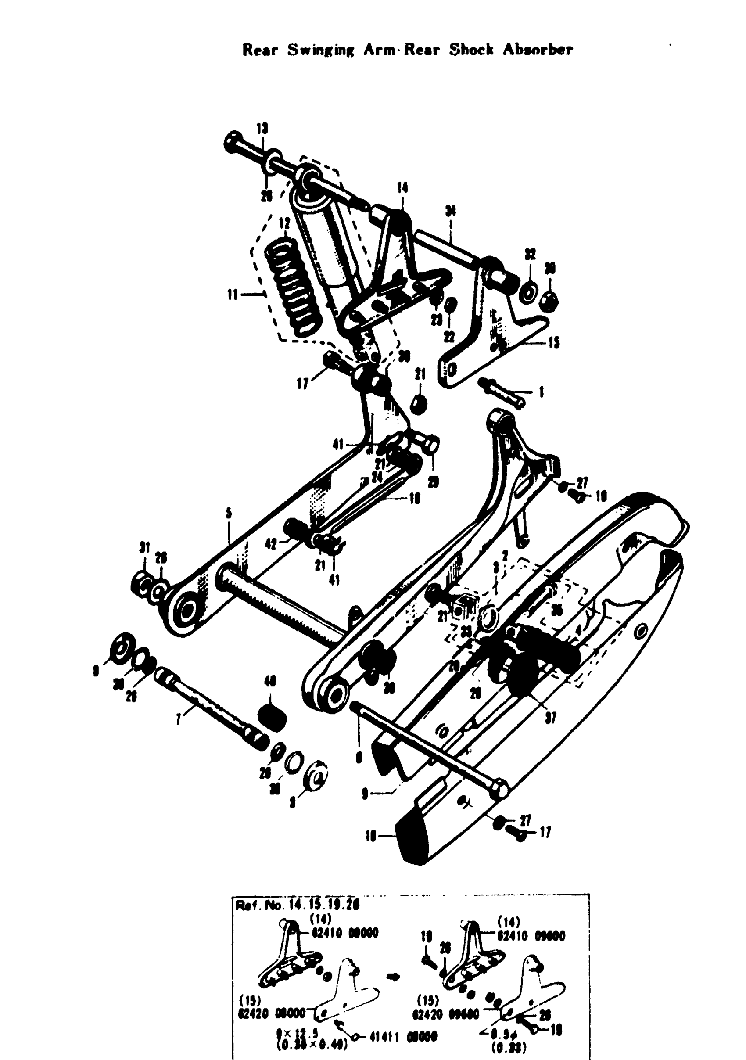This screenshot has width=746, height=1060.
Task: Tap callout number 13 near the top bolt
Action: [x=262, y=128]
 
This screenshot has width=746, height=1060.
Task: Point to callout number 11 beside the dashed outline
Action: [x=233, y=295]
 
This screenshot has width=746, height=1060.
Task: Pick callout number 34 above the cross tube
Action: [x=450, y=211]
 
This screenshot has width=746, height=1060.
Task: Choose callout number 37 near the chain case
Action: [x=550, y=718]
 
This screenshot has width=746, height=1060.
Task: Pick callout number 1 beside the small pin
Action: [x=541, y=392]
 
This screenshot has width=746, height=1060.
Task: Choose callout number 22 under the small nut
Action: [x=449, y=337]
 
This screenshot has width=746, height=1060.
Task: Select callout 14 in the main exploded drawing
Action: [x=402, y=188]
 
